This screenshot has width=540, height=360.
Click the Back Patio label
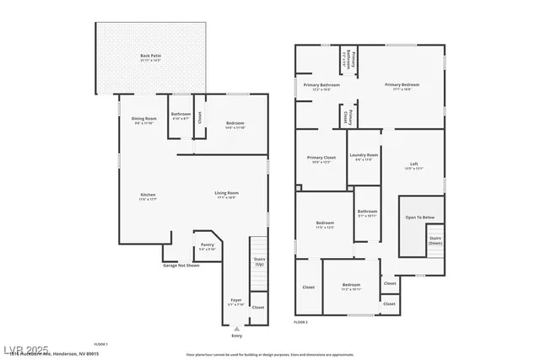click(149, 56)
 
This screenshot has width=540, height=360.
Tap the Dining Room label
click(144, 120)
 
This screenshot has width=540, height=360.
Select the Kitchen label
click(148, 196)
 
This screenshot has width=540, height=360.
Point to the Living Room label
click(226, 195)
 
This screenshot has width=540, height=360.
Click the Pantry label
click(207, 245)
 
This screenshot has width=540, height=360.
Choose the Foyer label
click(237, 300)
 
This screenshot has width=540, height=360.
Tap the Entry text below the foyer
click(236, 335)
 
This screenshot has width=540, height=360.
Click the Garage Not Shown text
click(181, 266)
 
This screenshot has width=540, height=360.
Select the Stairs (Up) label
click(259, 261)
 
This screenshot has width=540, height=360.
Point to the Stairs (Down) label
click(435, 239)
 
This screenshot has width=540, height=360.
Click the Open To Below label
click(419, 217)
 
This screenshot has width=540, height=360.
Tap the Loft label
click(413, 164)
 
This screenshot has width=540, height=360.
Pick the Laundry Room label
click(366, 155)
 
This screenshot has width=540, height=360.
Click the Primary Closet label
click(321, 159)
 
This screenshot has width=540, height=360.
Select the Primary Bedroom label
click(402, 85)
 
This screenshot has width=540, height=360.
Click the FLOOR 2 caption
click(301, 322)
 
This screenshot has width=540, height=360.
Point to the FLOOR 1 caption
click(100, 344)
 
